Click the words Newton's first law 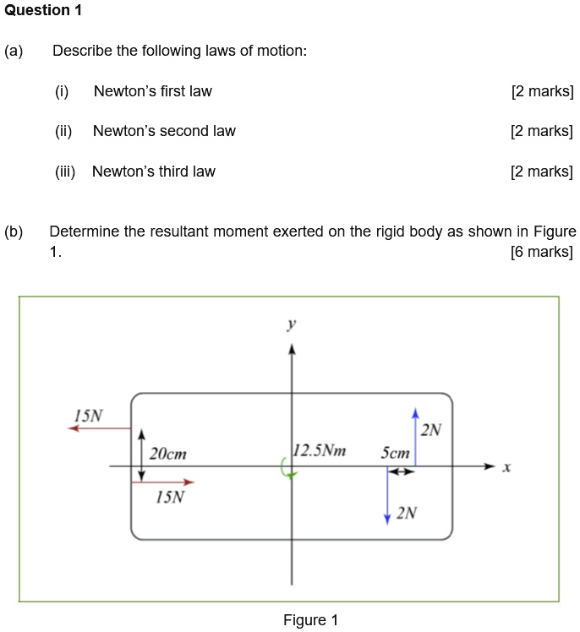point(152,91)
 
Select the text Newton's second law point(164,131)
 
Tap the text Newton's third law point(153,172)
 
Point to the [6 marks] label point(542,252)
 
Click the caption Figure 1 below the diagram point(310,620)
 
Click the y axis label point(291,324)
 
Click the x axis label point(506,467)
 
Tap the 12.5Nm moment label point(320,450)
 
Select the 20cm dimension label point(167,455)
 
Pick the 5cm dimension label point(395,454)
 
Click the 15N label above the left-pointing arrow point(88,416)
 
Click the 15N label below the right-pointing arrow point(170,497)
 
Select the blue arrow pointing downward point(387,494)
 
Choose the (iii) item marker point(65,172)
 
